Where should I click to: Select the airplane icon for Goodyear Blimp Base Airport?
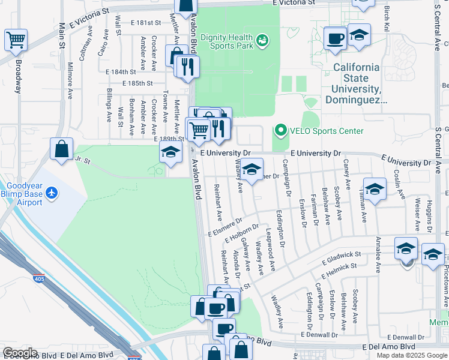[52, 193]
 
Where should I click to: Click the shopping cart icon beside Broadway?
[16, 40]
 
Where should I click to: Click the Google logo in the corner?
[20, 353]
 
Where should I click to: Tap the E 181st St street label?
[141, 23]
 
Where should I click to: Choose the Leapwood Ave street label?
[271, 246]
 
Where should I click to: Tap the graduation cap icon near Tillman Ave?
[375, 190]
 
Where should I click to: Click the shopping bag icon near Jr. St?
[62, 149]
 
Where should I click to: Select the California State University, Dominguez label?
[356, 84]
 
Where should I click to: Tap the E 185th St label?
[138, 83]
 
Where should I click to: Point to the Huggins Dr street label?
[430, 215]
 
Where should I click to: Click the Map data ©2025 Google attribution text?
[412, 355]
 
